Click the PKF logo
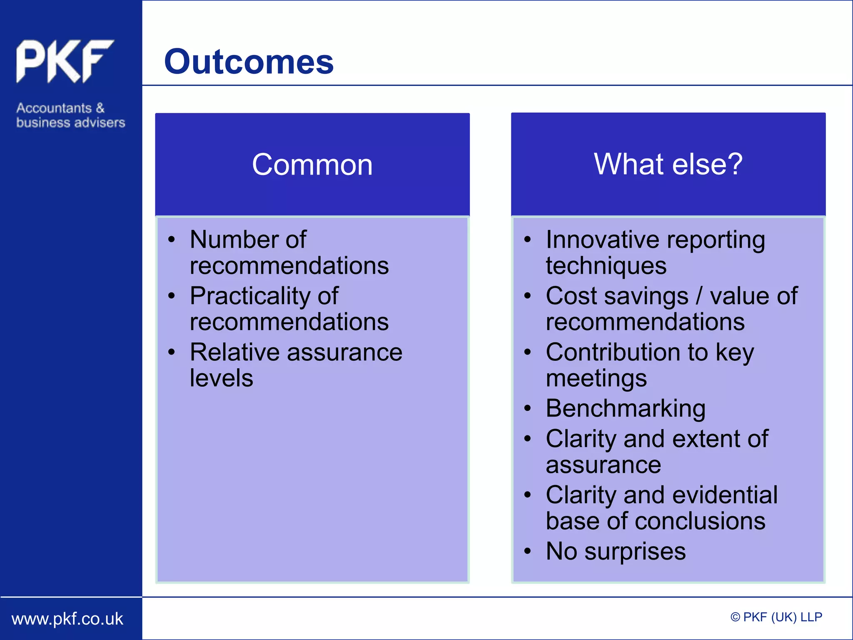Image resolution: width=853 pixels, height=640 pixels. coord(65,61)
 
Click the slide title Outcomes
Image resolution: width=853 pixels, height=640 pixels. coord(249,62)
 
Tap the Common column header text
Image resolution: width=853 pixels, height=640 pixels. coord(312,165)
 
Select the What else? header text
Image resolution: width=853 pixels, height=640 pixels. coord(668,164)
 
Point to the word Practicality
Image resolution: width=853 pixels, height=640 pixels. coord(249,296)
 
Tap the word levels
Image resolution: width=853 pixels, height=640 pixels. coord(221,378)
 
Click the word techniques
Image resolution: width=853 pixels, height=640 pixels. coord(606,266)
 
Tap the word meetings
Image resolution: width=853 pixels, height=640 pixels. coord(596,379)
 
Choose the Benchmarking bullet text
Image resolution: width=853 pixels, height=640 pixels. coord(625,408)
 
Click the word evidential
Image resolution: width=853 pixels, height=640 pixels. coord(725,495)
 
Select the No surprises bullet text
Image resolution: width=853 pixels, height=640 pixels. coord(616,551)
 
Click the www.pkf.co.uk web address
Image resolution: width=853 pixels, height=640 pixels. coord(67,619)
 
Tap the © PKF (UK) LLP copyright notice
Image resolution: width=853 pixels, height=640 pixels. coord(776,617)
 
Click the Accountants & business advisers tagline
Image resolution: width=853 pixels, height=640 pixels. coord(70,115)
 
